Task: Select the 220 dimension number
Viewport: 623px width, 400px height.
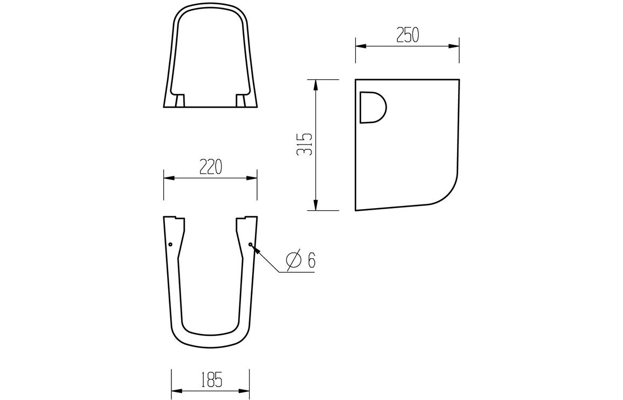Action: [x=210, y=167]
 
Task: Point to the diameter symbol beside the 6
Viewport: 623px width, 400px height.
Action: [x=293, y=260]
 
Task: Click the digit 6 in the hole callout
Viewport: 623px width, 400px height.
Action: [x=311, y=260]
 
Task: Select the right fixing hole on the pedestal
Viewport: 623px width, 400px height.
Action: [x=251, y=244]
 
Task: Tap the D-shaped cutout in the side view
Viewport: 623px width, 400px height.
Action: [x=372, y=107]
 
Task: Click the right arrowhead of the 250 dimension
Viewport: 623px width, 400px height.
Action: [x=455, y=46]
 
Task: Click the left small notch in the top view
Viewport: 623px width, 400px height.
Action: [x=181, y=101]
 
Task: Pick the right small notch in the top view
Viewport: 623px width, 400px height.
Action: [x=240, y=101]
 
